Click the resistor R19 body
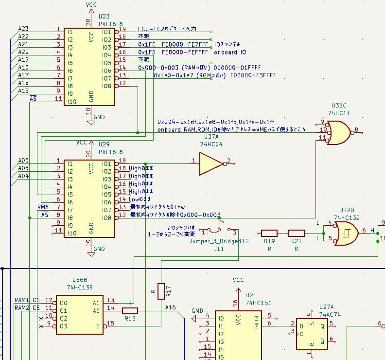click(269, 234)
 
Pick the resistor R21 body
click(296, 234)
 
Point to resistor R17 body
click(161, 291)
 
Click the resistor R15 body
click(130, 310)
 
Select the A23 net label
click(23, 29)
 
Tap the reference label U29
click(104, 145)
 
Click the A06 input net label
click(23, 161)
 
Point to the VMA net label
click(43, 207)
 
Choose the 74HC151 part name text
click(257, 303)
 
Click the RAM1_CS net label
click(27, 300)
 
